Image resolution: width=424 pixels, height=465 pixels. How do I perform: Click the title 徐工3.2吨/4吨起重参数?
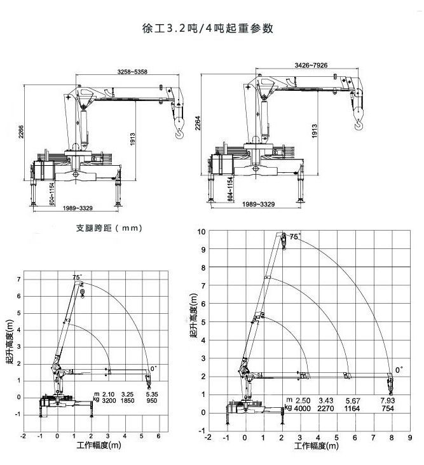pyautogui.click(x=208, y=28)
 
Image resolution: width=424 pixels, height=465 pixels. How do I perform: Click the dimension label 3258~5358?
pyautogui.click(x=132, y=72)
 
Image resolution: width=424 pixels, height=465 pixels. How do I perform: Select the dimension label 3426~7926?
pyautogui.click(x=311, y=65)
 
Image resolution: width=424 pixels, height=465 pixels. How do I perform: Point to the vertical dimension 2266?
pyautogui.click(x=21, y=131)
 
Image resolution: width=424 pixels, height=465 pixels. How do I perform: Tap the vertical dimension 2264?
pyautogui.click(x=198, y=123)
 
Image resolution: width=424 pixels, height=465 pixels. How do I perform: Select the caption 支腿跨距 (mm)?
pyautogui.click(x=109, y=228)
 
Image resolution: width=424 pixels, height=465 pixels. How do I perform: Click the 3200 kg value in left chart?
pyautogui.click(x=109, y=401)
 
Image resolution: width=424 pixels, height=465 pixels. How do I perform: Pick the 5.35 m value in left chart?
pyautogui.click(x=152, y=394)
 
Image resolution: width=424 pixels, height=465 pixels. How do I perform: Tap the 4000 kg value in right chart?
pyautogui.click(x=303, y=408)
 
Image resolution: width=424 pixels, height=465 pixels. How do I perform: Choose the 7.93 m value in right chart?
pyautogui.click(x=388, y=401)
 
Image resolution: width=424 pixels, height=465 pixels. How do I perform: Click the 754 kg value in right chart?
pyautogui.click(x=388, y=408)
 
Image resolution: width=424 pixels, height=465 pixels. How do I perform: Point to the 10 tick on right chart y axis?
pyautogui.click(x=202, y=232)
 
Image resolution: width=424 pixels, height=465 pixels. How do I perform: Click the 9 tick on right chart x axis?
pyautogui.click(x=410, y=438)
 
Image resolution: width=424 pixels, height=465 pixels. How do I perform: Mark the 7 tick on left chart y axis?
pyautogui.click(x=18, y=280)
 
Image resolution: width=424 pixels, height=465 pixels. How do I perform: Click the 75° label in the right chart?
pyautogui.click(x=295, y=236)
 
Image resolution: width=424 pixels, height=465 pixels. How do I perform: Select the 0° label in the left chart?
pyautogui.click(x=154, y=368)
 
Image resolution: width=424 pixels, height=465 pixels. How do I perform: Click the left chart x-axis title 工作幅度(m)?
pyautogui.click(x=99, y=445)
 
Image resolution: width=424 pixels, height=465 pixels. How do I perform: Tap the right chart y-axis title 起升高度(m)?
pyautogui.click(x=193, y=316)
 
